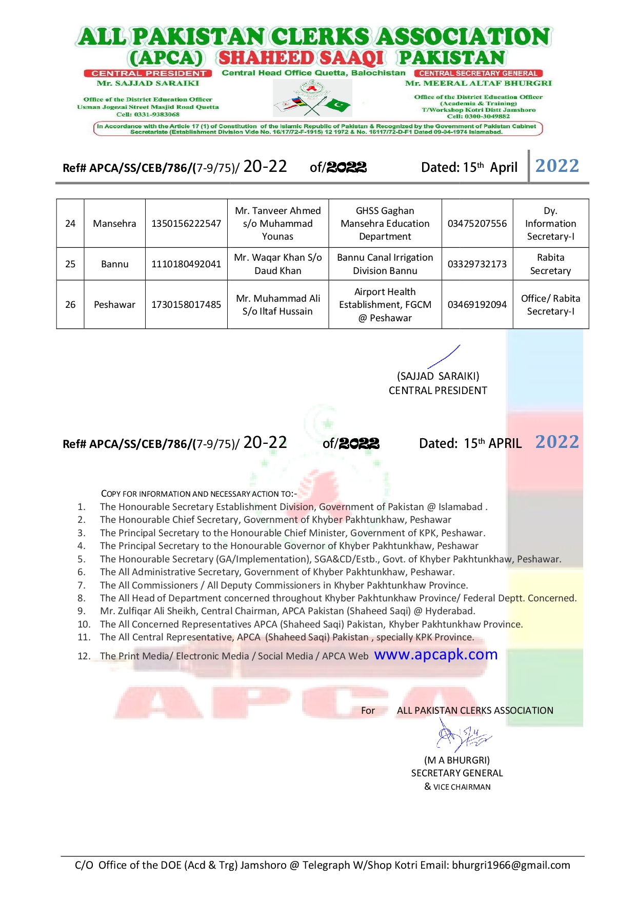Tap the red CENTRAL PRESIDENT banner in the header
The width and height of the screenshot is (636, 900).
click(x=148, y=73)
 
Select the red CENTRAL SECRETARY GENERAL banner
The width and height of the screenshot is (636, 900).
click(x=478, y=73)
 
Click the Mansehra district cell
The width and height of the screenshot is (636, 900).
click(x=114, y=224)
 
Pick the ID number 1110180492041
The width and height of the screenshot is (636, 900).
click(x=186, y=264)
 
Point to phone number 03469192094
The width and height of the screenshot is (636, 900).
click(x=477, y=305)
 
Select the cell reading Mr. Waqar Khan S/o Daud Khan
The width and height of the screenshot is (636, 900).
click(x=278, y=264)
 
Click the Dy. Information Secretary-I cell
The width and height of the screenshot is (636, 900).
click(x=550, y=224)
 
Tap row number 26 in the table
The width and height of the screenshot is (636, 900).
click(x=70, y=305)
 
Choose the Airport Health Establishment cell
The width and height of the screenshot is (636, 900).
click(x=385, y=305)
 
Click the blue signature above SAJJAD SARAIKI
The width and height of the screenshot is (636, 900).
click(x=444, y=357)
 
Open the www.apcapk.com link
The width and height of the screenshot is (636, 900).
click(x=436, y=655)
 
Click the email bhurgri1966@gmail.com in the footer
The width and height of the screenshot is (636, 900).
click(x=511, y=866)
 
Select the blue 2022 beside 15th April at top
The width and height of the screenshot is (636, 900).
click(x=557, y=166)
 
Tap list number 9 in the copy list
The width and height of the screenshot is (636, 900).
click(x=82, y=611)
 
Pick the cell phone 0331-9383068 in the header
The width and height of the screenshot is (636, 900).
click(x=148, y=114)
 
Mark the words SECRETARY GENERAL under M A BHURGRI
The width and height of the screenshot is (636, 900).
click(x=457, y=773)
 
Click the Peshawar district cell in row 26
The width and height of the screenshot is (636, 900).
click(x=114, y=305)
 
